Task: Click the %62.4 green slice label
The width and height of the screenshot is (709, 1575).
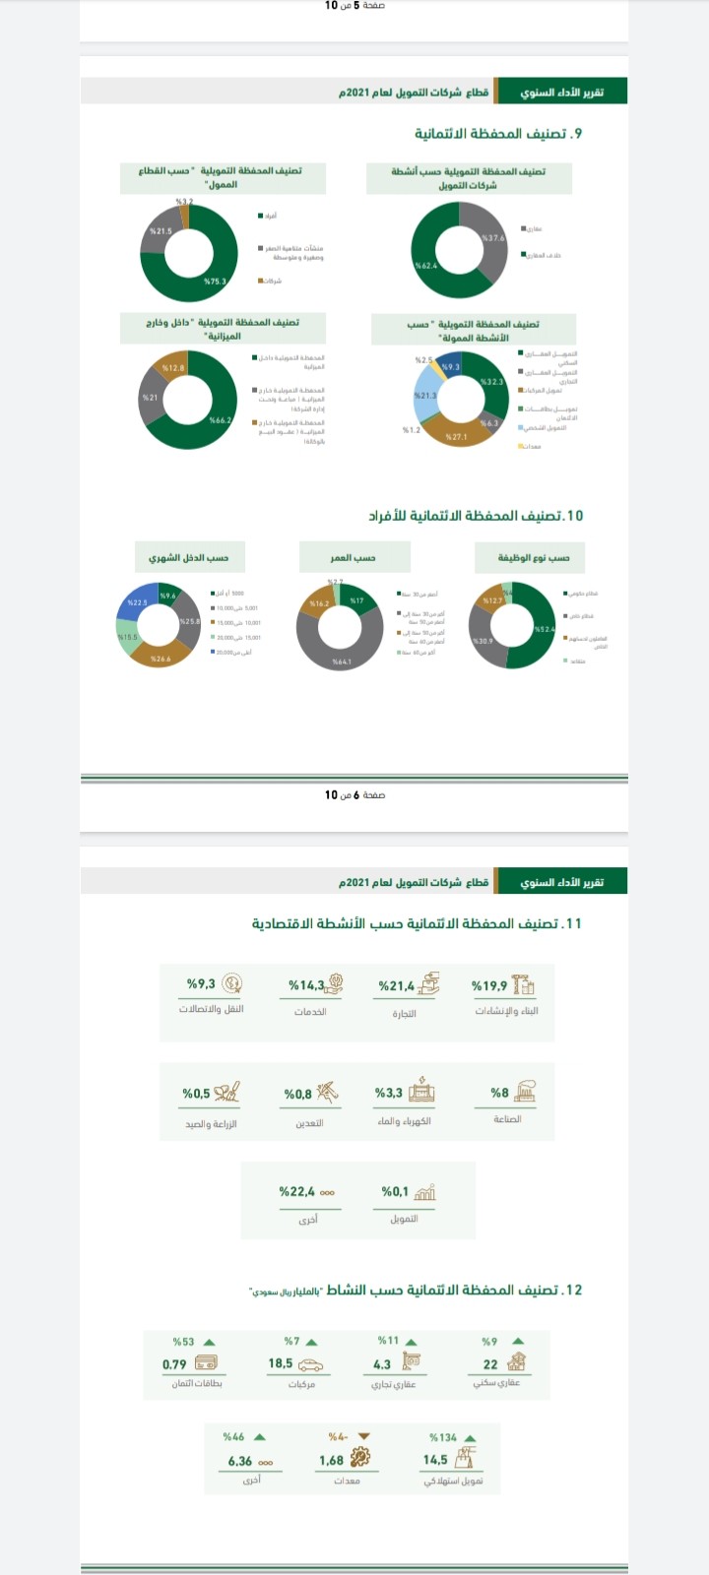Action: point(425,266)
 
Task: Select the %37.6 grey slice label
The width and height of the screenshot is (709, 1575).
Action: point(493,238)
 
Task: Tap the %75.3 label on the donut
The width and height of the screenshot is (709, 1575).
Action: point(215,282)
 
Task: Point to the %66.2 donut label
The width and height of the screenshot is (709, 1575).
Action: point(221,420)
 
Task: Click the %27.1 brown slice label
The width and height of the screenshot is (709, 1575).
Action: point(457,436)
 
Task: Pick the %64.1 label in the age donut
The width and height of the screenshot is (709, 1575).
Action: point(342,662)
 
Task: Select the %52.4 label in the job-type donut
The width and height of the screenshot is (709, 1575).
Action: point(545,628)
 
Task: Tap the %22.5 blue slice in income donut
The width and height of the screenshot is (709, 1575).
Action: point(137,601)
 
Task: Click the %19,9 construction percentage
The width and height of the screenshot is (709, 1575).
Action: point(489,985)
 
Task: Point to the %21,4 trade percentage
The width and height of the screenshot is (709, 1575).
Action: point(397,985)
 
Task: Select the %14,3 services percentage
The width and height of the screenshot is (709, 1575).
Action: point(306,985)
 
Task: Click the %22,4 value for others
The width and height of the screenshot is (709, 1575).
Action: point(297,1191)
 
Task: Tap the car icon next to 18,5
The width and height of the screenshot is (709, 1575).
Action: point(311,1364)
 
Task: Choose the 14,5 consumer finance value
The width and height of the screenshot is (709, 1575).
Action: point(435,1460)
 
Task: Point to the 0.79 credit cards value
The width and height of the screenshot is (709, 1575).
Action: point(174,1364)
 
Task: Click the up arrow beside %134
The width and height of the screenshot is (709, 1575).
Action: point(471,1437)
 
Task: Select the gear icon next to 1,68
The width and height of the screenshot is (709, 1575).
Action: point(360,1460)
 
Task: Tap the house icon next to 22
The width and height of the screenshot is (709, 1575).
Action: point(516,1363)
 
